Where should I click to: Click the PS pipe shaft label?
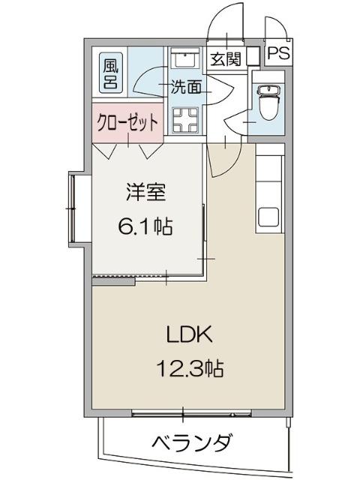pyautogui.click(x=278, y=54)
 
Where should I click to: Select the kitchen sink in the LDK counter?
pyautogui.click(x=269, y=216)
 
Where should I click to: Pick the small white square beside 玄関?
pyautogui.click(x=253, y=57)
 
